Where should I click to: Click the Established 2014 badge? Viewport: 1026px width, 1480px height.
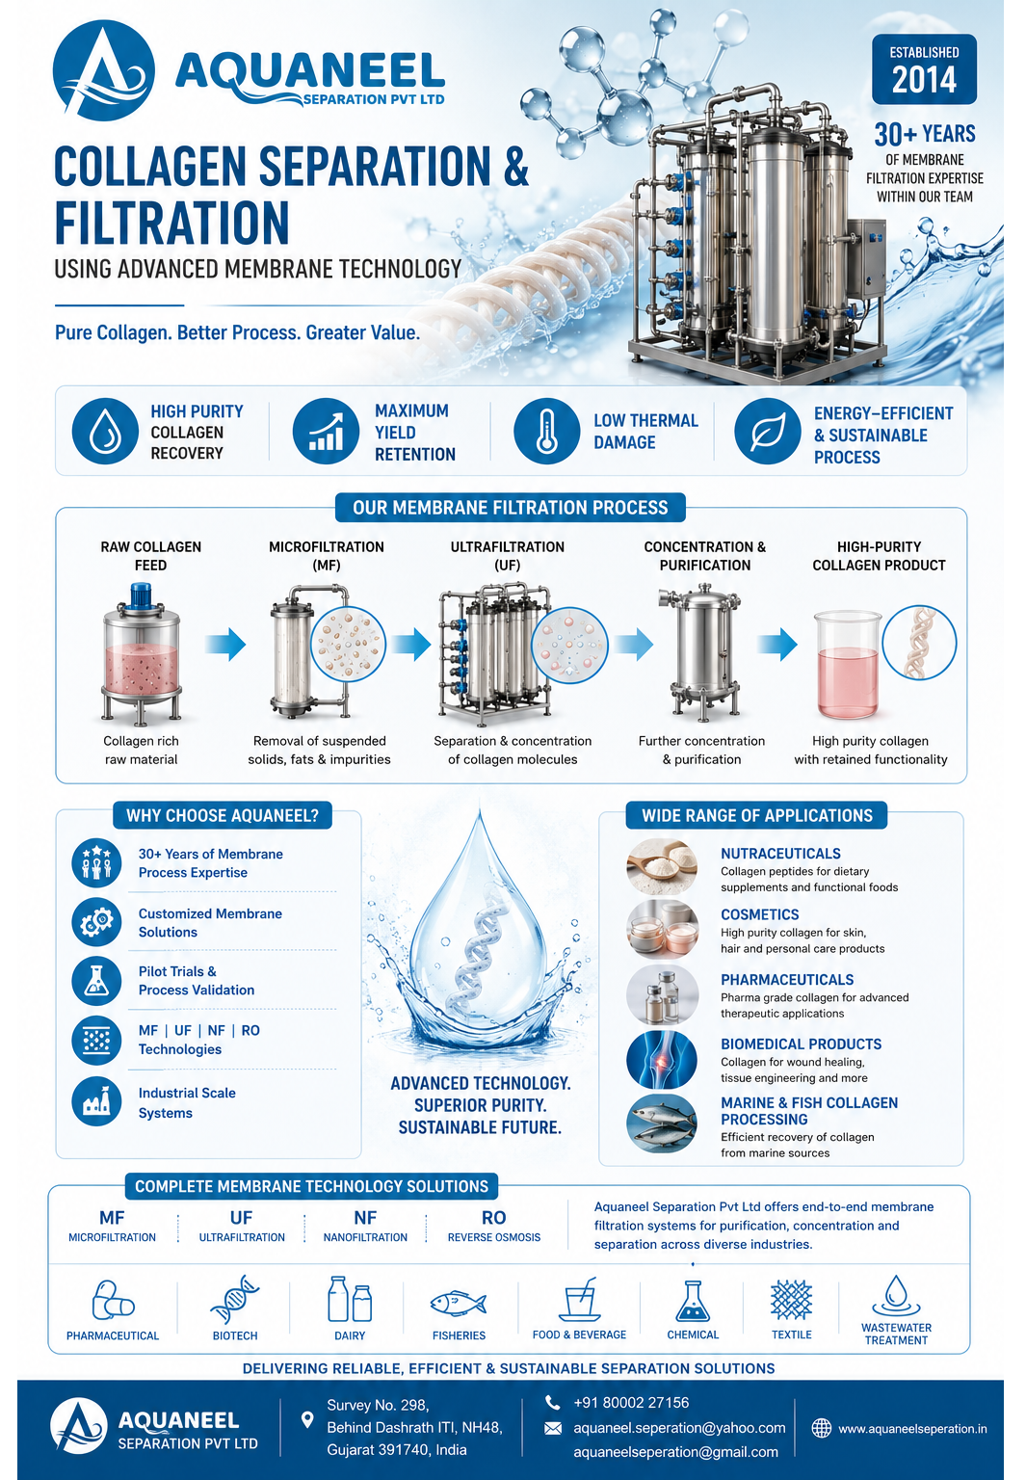(924, 69)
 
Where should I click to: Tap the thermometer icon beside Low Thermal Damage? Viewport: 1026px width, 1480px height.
(546, 431)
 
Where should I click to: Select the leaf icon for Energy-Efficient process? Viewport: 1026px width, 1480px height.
(767, 431)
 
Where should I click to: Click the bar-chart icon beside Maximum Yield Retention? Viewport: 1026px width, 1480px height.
(326, 431)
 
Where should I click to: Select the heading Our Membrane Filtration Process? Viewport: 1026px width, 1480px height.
(510, 508)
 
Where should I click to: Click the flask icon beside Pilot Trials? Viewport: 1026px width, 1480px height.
(96, 981)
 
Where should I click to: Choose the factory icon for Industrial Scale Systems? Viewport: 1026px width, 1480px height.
(96, 1101)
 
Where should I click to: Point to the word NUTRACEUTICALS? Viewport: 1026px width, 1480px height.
(780, 853)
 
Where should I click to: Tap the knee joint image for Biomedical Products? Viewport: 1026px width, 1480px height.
(661, 1060)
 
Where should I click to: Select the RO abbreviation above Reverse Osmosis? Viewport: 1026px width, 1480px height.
(493, 1217)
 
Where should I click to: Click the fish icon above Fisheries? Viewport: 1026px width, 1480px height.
(459, 1304)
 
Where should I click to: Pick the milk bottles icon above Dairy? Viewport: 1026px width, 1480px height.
(350, 1299)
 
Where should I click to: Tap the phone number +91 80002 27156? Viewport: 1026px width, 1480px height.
(631, 1403)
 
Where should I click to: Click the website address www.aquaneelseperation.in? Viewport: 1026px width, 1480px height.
(912, 1429)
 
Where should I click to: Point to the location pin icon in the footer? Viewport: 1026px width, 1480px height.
(307, 1420)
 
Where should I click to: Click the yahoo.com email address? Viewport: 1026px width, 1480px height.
(679, 1428)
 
